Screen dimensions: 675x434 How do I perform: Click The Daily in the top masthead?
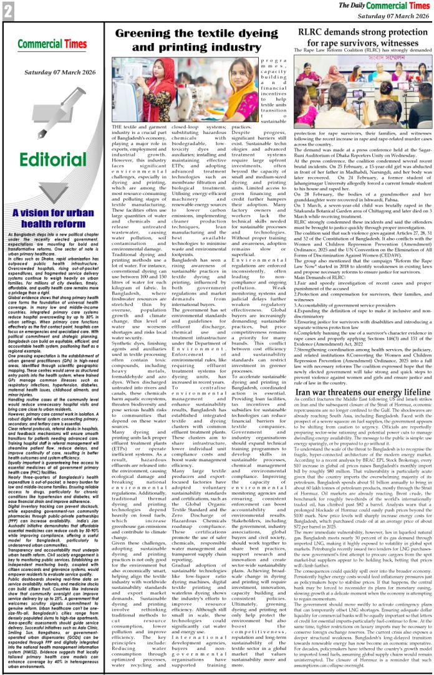click(367, 5)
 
